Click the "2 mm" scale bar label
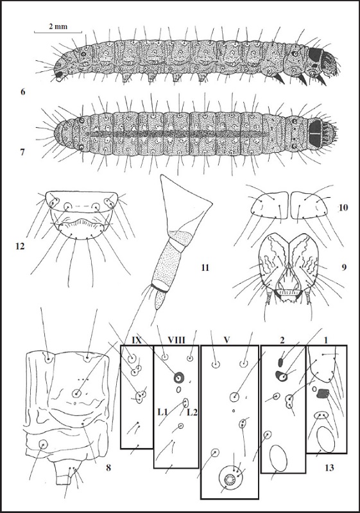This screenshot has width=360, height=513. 58,26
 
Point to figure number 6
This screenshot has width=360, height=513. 22,92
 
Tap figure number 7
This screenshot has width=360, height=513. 22,152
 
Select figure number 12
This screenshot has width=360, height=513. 20,246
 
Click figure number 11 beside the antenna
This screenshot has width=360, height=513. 205,268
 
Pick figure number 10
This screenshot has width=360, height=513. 343,207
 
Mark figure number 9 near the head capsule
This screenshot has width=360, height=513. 344,268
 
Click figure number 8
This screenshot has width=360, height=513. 108,467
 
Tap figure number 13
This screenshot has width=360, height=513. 330,468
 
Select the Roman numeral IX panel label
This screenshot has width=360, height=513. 136,340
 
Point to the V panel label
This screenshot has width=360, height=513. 227,340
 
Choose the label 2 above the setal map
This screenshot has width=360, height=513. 282,340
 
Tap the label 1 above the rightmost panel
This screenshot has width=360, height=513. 325,340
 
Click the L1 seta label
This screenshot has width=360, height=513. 162,413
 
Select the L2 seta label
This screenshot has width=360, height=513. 192,413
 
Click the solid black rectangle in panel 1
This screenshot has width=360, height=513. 323,394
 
